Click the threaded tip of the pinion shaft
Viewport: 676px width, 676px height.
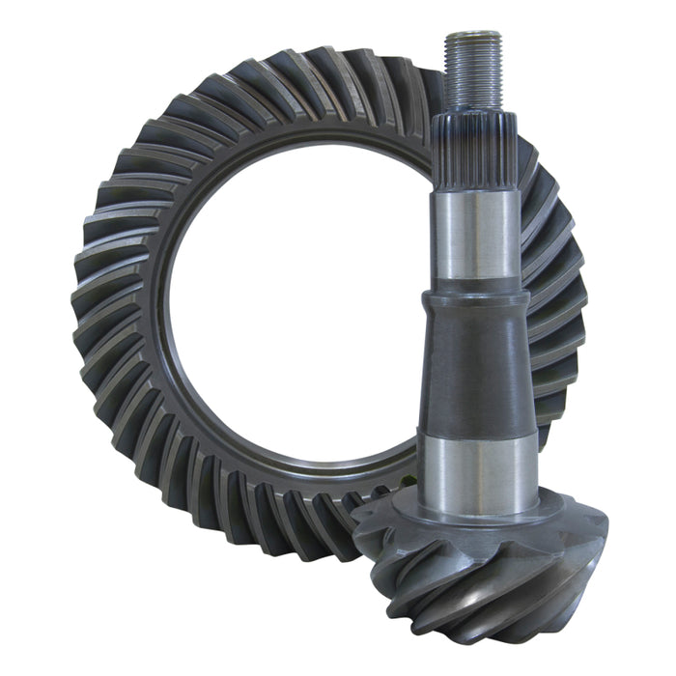[473, 72]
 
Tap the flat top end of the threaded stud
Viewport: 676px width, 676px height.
[473, 35]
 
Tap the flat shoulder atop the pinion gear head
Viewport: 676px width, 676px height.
[480, 521]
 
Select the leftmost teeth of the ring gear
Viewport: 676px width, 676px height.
[97, 309]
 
